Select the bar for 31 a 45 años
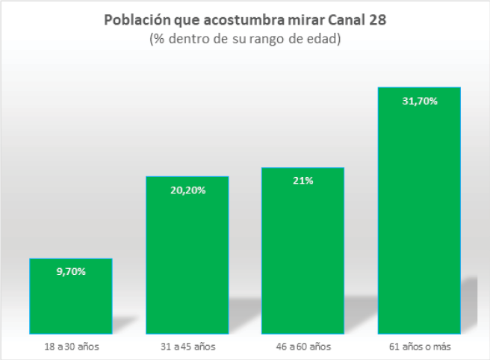[187, 261]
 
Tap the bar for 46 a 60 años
[303, 258]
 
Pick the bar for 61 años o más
[419, 217]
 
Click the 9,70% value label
[71, 271]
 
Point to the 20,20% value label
[187, 190]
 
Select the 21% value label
[303, 181]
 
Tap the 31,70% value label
[419, 100]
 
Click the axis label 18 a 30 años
[71, 347]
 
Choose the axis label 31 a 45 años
[187, 347]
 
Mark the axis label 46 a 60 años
[303, 347]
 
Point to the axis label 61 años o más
[419, 347]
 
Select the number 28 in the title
[378, 21]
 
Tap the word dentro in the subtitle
[184, 39]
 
